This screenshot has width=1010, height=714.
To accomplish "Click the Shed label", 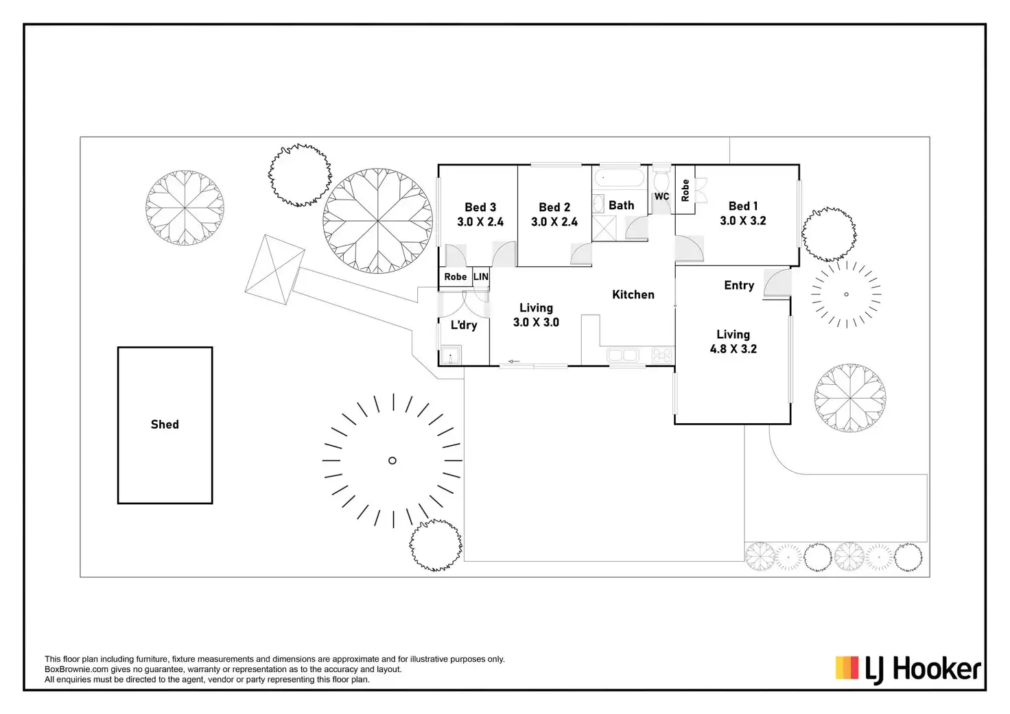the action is (x=165, y=425).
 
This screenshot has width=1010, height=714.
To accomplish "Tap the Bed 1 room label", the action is (x=743, y=206).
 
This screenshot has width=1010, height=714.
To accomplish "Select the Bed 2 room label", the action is (x=554, y=207).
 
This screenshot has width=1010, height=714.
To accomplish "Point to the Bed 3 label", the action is (x=480, y=207).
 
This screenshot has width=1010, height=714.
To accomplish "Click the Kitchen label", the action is (x=633, y=295).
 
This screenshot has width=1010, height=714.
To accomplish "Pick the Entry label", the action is (x=739, y=285).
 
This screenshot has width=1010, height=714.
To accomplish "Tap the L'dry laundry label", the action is (x=464, y=325).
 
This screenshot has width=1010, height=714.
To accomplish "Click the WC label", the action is (x=661, y=197).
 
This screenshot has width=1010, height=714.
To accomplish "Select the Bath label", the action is (x=621, y=205).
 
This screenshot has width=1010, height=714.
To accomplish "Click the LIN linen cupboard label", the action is (x=481, y=277).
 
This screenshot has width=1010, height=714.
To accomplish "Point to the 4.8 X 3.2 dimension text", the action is (x=733, y=349).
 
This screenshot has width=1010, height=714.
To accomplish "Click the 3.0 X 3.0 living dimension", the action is (x=536, y=322).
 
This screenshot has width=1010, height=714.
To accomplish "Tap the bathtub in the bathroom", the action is (x=619, y=179).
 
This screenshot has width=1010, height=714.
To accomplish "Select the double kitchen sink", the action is (x=623, y=355).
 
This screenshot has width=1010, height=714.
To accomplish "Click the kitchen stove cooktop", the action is (x=662, y=355).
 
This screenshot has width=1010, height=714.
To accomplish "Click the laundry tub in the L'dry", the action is (x=450, y=356).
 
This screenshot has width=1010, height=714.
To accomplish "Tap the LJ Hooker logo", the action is (x=908, y=669).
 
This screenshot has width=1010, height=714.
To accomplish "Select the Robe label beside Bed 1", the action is (x=685, y=190).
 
